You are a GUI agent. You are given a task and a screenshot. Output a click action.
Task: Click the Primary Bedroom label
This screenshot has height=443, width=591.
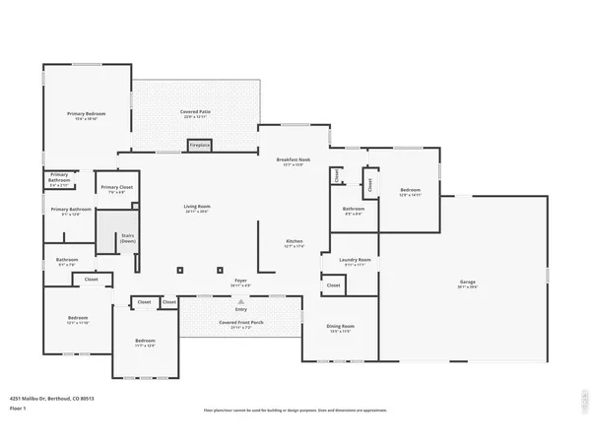(87, 114)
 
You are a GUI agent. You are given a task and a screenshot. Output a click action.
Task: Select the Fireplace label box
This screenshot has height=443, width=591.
(200, 145)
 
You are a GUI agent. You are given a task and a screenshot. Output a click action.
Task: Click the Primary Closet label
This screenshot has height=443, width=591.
(116, 187)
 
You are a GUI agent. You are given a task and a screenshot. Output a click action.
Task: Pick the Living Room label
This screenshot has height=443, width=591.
(197, 207)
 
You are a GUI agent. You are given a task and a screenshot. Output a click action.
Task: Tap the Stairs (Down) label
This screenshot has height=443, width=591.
(127, 238)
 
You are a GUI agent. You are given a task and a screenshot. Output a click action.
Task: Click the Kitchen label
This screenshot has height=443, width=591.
(294, 242)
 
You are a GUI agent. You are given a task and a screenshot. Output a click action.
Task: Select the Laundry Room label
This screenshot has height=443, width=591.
(353, 261)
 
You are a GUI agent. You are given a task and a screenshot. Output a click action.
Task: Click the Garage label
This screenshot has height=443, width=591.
(467, 283)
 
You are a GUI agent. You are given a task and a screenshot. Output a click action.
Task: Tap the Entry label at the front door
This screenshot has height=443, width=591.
(241, 308)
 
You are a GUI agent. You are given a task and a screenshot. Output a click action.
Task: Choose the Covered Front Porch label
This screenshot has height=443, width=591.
(240, 323)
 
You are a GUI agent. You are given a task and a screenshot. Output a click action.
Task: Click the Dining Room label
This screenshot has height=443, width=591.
(340, 327)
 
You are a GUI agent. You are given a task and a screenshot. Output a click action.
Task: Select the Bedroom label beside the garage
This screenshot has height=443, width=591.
(410, 191)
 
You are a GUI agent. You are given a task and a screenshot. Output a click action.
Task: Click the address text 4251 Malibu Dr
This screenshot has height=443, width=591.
(47, 399)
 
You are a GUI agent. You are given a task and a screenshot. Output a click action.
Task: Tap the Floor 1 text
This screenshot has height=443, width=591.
(18, 408)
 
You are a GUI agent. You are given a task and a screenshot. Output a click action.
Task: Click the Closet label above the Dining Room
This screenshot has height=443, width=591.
(333, 285)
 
